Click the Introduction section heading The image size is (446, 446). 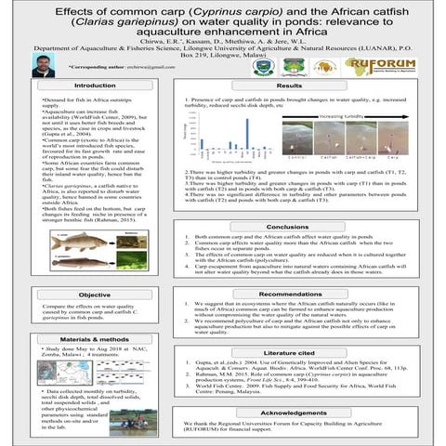click(x=95, y=86)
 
